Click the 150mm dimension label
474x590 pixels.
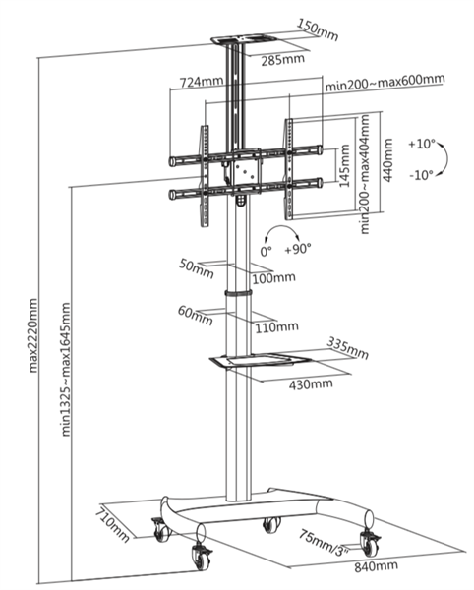coord(318,29)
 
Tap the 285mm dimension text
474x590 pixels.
coord(283,59)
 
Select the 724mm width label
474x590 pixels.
coord(202,82)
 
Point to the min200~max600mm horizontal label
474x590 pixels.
coord(385,82)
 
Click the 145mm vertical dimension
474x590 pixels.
coord(344,165)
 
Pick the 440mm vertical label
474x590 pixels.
coord(387,160)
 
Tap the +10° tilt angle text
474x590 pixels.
coord(422,144)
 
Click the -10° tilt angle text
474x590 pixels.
coord(421,175)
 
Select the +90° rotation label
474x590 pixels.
coord(298,249)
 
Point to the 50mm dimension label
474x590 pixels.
coord(197,268)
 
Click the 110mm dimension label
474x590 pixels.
coord(277,327)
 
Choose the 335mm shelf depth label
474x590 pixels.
coord(347,348)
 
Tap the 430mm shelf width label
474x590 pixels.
coord(311,384)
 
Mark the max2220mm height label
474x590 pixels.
coord(33,335)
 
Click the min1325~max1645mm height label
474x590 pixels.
coord(66,370)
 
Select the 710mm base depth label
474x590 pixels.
coord(112,525)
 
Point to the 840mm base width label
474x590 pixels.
coord(376,565)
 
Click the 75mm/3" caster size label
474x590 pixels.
coord(324,542)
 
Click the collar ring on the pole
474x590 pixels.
coord(239,293)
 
